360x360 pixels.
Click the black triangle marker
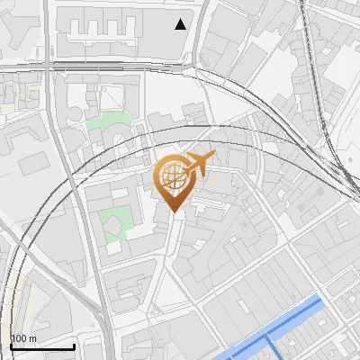coord(182,24)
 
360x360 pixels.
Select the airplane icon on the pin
coord(199,163)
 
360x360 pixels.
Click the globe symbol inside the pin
coord(171,177)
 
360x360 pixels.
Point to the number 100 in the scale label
coord(18,338)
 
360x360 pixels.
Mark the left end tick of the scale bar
coord(10,345)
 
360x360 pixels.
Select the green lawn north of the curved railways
coord(108,121)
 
